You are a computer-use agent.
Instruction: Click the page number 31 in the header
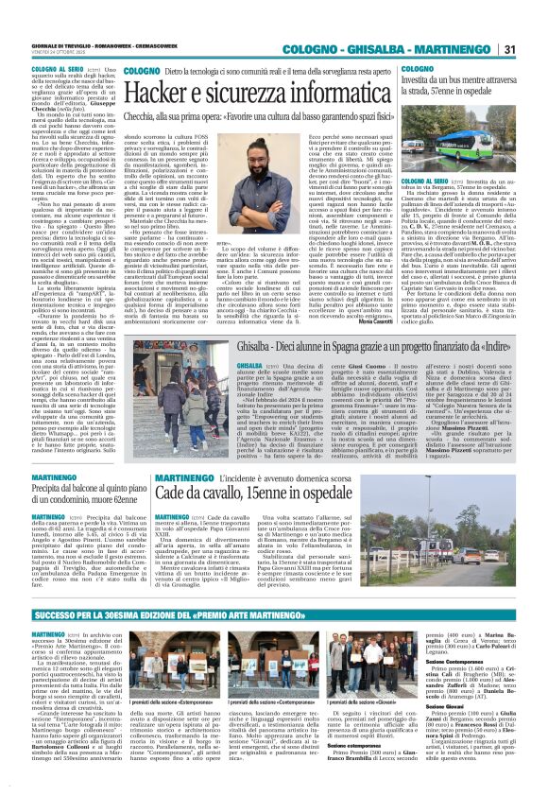534,22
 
